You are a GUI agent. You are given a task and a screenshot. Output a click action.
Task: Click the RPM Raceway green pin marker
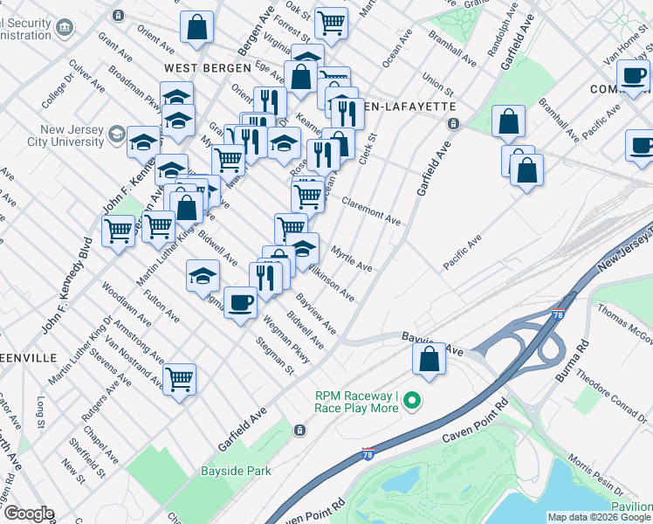coord(409,403)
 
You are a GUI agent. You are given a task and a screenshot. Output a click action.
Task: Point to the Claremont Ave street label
coord(371,212)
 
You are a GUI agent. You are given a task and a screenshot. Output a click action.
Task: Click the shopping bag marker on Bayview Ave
coord(430,359)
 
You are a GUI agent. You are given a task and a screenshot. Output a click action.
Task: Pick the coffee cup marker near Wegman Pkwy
coord(240,302)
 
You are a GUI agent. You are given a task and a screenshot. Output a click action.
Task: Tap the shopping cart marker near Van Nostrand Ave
coord(179,379)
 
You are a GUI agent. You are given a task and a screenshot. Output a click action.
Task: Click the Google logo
coord(28,514)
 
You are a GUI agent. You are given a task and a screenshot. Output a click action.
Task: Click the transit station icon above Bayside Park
coord(299,430)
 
